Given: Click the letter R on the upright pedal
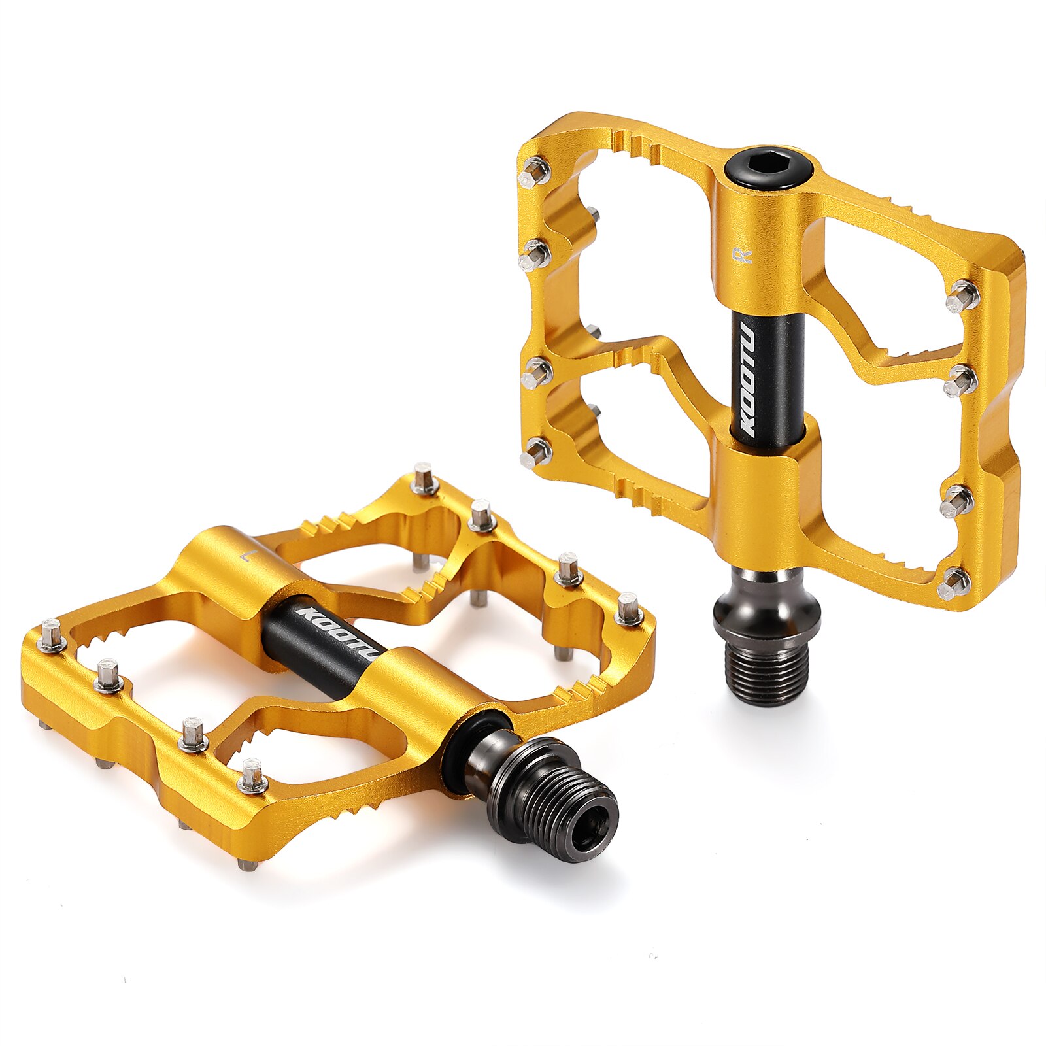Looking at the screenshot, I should click(x=744, y=256).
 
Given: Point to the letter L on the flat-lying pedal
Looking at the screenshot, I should click(x=246, y=556).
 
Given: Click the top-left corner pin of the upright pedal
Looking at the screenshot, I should click(x=535, y=171).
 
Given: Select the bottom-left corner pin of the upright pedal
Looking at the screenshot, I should click(x=536, y=451).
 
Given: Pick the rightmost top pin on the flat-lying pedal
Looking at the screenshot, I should click(x=629, y=609).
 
